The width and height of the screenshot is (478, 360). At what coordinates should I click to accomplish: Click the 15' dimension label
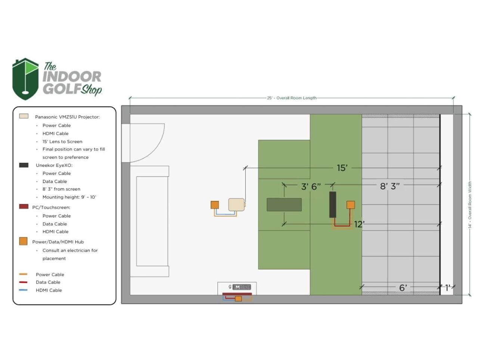342,168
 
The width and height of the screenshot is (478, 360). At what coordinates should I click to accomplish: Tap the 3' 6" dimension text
311,187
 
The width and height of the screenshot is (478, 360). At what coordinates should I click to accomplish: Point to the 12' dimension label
359,224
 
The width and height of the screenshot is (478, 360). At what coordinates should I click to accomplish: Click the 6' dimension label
403,288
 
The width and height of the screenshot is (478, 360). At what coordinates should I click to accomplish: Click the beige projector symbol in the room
237,205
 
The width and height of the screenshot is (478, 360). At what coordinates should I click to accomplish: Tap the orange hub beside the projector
214,205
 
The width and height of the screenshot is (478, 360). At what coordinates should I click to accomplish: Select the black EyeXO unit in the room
332,205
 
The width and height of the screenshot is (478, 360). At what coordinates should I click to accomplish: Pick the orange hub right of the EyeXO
350,205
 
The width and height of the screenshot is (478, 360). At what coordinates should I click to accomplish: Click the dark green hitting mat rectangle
284,205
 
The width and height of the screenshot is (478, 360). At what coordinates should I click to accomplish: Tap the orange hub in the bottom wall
238,299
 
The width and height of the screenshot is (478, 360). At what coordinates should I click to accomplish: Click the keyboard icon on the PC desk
242,287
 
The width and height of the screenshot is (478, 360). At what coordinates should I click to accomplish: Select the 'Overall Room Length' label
296,98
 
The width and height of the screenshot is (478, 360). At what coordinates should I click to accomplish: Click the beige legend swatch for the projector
24,116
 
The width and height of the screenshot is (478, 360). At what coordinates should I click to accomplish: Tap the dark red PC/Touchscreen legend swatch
24,207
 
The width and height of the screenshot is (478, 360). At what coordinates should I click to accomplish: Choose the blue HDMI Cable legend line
23,290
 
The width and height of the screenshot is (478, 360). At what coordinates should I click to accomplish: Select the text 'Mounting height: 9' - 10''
69,197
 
